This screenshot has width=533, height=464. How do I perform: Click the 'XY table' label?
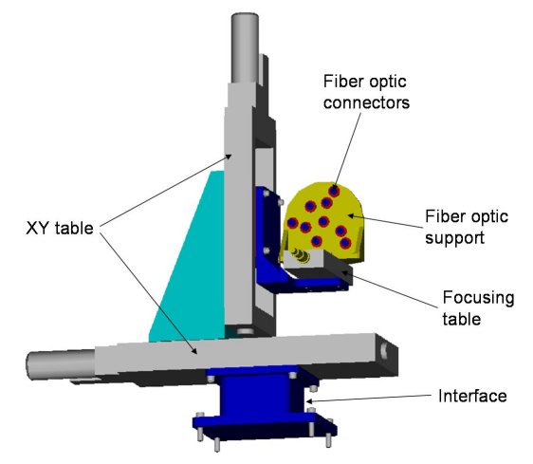60,228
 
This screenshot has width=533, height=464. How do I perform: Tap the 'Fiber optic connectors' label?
366,92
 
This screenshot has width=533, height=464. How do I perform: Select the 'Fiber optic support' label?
467,227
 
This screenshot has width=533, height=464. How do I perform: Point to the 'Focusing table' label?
478,308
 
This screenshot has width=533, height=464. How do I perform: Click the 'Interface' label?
472,396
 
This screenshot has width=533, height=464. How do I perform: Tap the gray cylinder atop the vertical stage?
245,47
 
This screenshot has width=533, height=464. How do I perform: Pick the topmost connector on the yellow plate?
334,191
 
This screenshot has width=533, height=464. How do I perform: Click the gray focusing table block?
318,266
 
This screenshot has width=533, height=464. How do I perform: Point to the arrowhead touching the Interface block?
310,401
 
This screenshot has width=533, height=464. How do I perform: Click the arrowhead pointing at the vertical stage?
229,157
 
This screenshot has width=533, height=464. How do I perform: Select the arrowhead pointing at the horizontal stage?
194,350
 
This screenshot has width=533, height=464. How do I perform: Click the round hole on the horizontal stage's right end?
384,351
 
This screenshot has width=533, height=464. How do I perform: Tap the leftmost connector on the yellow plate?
292,223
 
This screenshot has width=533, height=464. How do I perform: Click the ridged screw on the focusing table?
300,256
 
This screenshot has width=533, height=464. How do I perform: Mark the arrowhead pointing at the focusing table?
344,272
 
